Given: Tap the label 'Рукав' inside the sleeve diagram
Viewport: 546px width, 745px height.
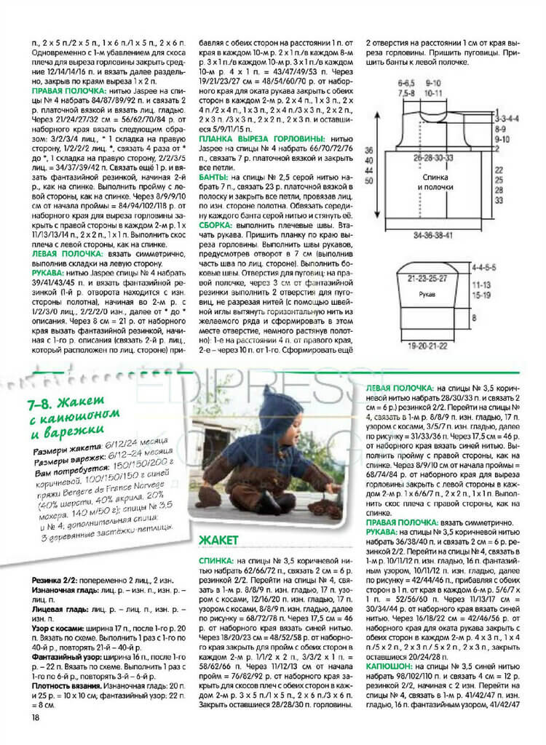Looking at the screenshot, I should [428, 295].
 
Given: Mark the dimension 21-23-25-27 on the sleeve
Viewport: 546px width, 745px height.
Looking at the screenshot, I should [428, 277].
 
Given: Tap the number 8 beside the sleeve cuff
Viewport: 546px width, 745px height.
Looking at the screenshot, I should [474, 319].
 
